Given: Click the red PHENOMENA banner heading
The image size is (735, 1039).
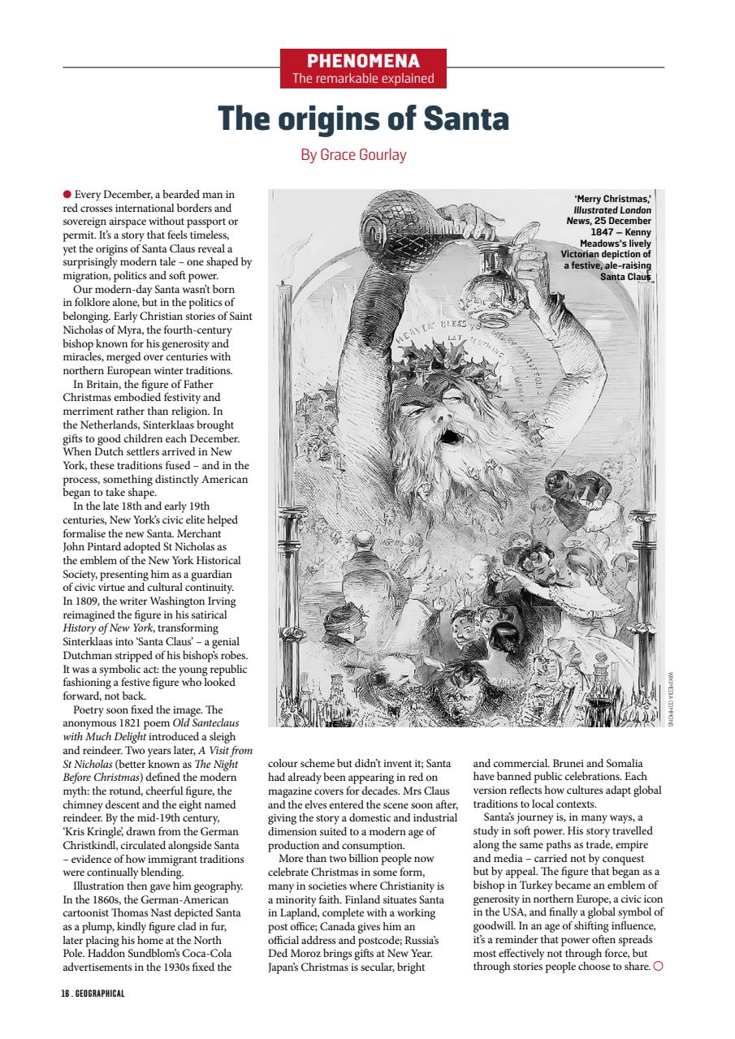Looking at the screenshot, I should pos(363,62).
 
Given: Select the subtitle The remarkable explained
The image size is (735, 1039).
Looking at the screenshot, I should pos(363,79).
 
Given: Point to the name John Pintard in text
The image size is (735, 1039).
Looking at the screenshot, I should pos(93,548).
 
